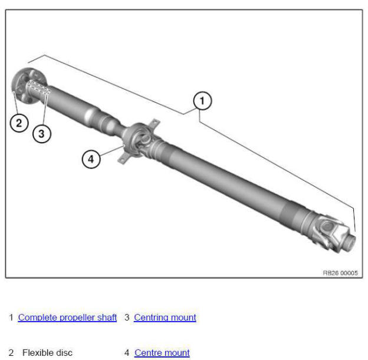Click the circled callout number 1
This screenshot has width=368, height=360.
[202, 101]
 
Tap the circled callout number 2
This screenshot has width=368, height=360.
[18, 123]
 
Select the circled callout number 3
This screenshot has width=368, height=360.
[41, 134]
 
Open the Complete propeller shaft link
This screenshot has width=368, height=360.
[67, 318]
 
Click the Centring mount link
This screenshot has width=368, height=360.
[165, 318]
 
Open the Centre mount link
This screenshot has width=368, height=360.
[162, 353]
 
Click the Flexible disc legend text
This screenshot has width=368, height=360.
[47, 353]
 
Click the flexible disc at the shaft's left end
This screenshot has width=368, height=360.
[22, 86]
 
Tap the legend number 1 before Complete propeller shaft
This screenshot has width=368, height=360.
[11, 318]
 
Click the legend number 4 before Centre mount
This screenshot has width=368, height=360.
[127, 353]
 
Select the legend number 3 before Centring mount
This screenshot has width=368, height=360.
[127, 318]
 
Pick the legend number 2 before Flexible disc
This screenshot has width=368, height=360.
[11, 353]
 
